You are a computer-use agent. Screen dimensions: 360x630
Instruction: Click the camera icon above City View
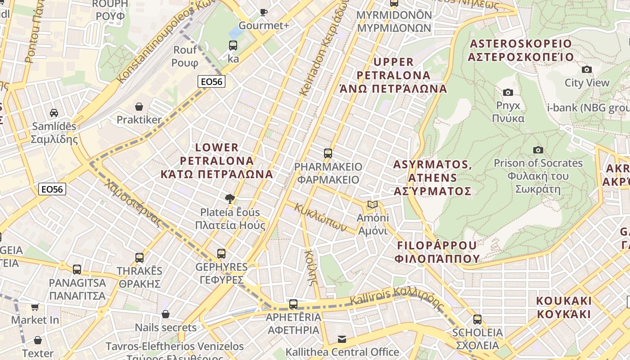[x=587, y=69]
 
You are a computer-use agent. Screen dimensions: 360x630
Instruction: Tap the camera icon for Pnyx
[x=508, y=92]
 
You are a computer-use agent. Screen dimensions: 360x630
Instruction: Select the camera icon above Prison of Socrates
[x=538, y=150]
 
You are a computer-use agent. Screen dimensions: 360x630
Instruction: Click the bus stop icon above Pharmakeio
[x=328, y=153]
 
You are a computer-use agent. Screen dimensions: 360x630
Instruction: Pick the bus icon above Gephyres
[x=221, y=254]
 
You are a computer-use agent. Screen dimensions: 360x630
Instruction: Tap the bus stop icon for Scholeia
[x=477, y=319]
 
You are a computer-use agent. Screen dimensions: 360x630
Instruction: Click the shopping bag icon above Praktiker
[x=139, y=107]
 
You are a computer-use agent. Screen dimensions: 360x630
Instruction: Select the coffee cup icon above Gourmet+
[x=264, y=12]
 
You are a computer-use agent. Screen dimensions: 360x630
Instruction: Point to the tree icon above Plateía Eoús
[x=230, y=198]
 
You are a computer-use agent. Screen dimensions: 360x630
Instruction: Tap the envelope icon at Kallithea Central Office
[x=342, y=339]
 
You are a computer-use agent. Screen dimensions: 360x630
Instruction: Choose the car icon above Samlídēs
[x=54, y=112]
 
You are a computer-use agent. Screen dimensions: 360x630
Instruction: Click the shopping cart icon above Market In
[x=35, y=307]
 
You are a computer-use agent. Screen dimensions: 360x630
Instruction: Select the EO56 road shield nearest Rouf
[x=211, y=81]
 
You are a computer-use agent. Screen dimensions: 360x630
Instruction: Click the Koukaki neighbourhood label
[x=563, y=307]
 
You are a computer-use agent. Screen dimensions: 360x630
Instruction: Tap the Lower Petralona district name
[x=217, y=161]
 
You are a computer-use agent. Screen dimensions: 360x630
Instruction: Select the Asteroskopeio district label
[x=521, y=50]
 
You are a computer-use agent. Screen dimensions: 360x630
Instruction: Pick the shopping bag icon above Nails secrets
[x=166, y=314]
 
